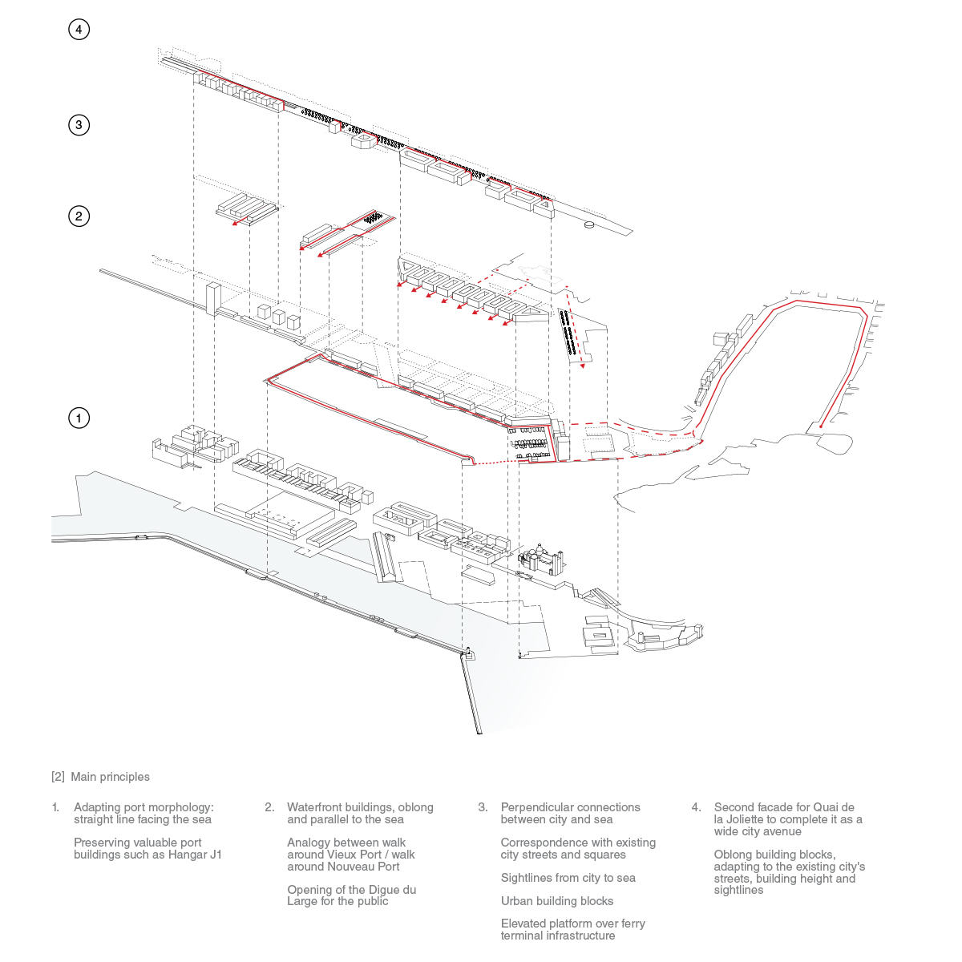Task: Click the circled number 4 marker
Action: click(79, 30)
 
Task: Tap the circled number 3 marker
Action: click(79, 124)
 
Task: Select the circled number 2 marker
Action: click(79, 216)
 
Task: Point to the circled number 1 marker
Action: click(79, 418)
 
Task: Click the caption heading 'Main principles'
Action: click(111, 777)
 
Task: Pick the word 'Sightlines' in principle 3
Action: click(526, 878)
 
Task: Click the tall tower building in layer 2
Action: click(213, 299)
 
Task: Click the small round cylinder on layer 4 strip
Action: click(589, 224)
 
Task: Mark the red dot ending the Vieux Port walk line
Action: click(821, 426)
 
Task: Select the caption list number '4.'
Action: click(697, 807)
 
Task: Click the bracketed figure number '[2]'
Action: click(58, 777)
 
